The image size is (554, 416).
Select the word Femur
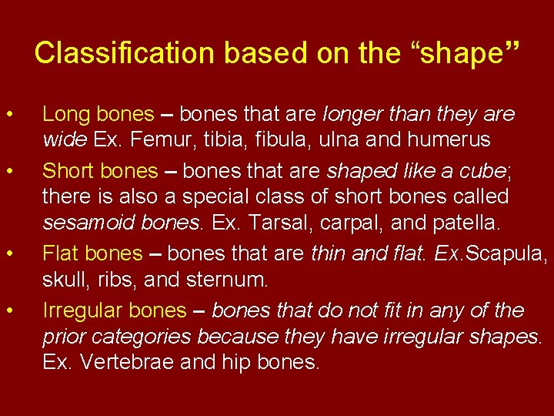pyautogui.click(x=151, y=139)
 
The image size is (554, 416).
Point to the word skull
pyautogui.click(x=62, y=279)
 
